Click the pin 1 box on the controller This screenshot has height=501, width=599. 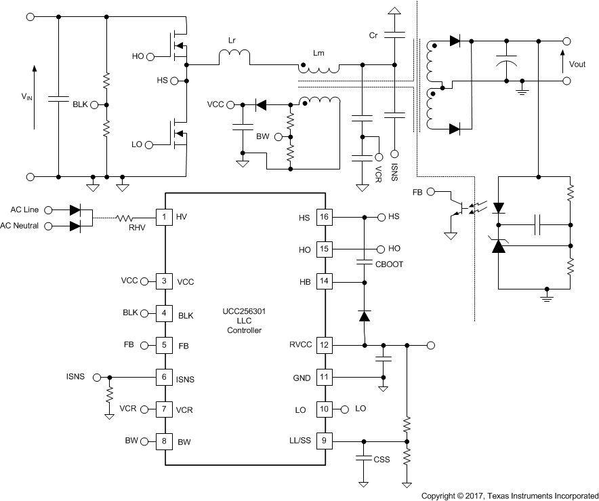point(165,218)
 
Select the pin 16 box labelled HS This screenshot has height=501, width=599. point(325,218)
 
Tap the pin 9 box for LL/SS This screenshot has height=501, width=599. point(325,441)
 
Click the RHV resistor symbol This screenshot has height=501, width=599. point(126,218)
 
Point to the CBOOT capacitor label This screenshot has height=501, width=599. point(388,264)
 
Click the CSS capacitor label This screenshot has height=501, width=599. point(381,460)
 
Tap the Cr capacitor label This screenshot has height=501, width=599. point(373,35)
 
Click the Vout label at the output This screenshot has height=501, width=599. point(577,65)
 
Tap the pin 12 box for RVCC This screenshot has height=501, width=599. point(325,345)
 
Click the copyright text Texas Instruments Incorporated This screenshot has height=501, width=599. point(510,496)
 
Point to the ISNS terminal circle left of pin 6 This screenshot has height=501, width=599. point(98,377)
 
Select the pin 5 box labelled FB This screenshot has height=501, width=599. point(165,345)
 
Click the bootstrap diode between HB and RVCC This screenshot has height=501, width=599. point(365,316)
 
